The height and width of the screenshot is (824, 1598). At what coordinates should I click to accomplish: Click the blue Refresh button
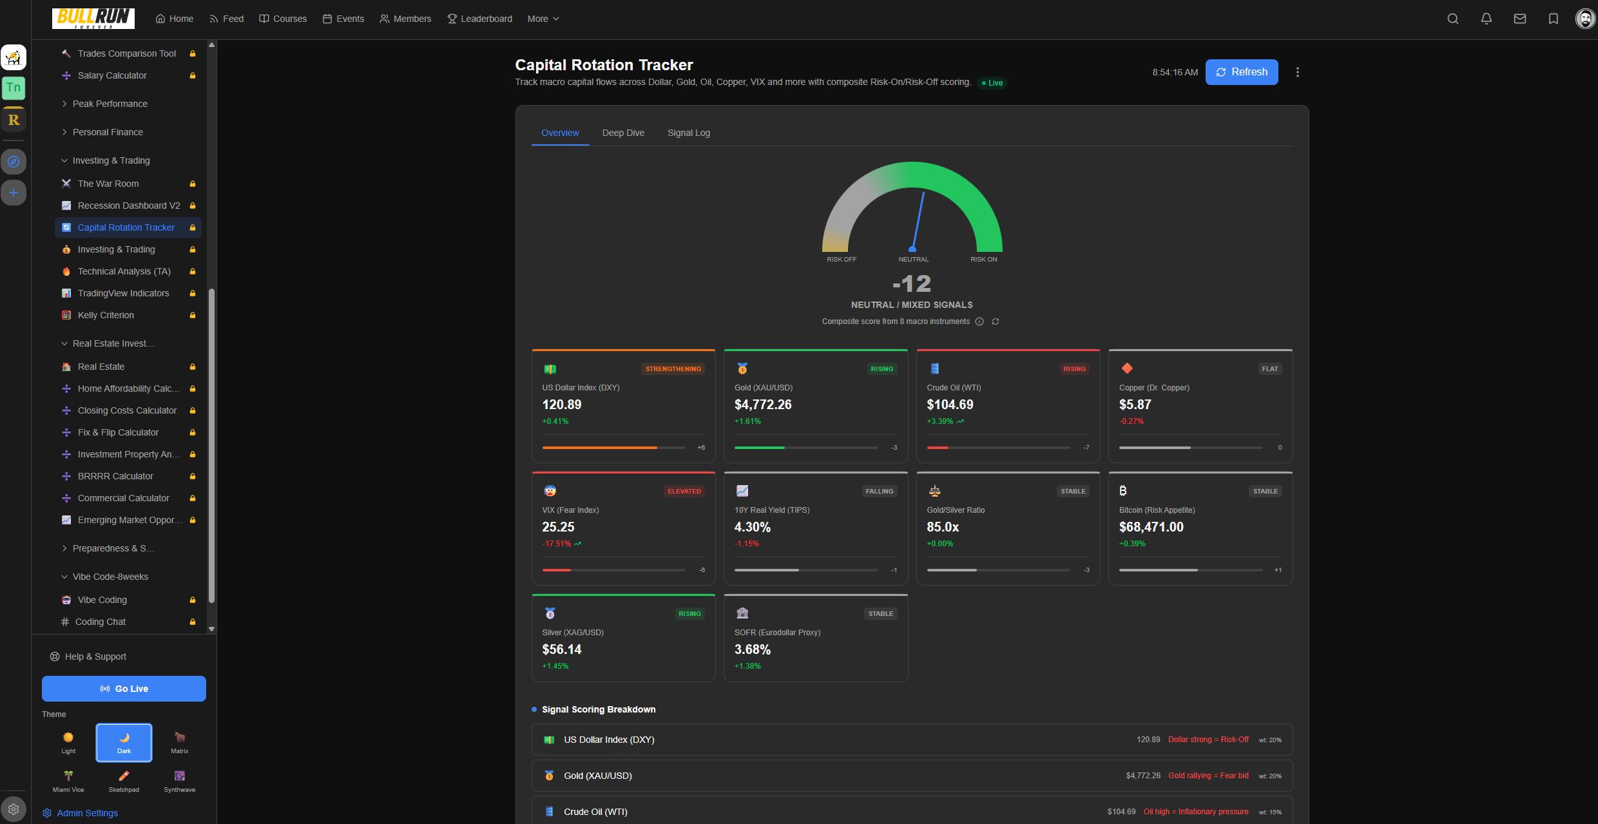point(1241,72)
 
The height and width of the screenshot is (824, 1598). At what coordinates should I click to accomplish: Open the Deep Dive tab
point(622,133)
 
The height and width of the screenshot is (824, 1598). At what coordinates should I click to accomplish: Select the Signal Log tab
point(688,133)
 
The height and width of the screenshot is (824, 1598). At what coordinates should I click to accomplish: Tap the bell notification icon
point(1486,19)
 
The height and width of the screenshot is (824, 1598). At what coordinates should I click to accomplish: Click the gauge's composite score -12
point(911,283)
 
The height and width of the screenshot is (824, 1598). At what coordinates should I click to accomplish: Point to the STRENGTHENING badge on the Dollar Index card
point(673,369)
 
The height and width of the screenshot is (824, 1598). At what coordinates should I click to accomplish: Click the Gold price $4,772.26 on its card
point(762,405)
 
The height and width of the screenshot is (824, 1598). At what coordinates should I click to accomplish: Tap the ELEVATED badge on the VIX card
point(684,492)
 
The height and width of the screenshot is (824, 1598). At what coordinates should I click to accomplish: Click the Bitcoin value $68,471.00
point(1151,527)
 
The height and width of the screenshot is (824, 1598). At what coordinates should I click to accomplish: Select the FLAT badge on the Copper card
point(1269,369)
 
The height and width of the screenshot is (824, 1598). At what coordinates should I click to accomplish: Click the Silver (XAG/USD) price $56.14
point(561,649)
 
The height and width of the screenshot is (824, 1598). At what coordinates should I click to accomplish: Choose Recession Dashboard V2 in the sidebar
point(128,206)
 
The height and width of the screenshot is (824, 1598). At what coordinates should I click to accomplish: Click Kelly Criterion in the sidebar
point(106,315)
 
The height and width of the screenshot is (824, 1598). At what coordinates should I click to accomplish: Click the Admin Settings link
point(87,813)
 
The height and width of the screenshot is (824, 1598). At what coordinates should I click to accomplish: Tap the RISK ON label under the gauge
point(983,260)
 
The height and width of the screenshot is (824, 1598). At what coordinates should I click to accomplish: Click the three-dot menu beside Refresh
point(1297,72)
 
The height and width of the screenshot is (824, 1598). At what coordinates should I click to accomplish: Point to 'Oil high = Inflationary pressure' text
point(1195,812)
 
